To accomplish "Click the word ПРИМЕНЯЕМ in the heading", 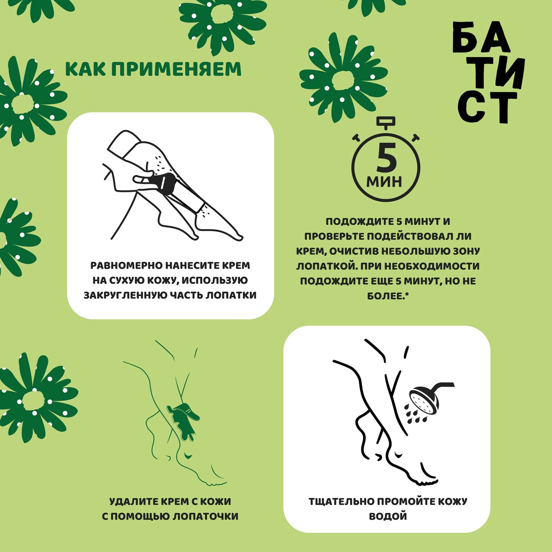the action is [x=176, y=69].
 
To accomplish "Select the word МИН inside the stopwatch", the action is [x=384, y=181].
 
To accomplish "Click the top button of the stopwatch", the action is [x=385, y=121].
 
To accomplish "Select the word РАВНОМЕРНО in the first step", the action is [x=127, y=265].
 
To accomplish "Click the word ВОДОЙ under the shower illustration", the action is [x=388, y=517].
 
